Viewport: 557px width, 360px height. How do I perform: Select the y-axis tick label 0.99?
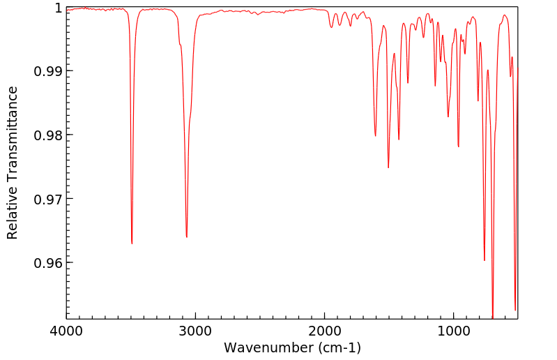[x=48, y=71]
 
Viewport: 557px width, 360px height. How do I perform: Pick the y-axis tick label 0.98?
[x=48, y=135]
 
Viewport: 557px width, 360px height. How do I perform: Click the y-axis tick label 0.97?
[x=48, y=199]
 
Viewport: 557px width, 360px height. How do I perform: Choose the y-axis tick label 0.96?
[x=48, y=263]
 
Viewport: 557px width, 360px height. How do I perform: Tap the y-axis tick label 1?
[x=57, y=8]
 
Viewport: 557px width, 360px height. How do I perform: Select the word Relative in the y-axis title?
[x=13, y=216]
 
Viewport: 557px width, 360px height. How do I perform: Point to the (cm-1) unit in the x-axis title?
[x=337, y=347]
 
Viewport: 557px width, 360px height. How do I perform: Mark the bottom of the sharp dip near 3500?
[x=132, y=243]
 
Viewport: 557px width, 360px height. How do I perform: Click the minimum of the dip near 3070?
[x=187, y=237]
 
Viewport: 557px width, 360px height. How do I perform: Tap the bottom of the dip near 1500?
[x=388, y=167]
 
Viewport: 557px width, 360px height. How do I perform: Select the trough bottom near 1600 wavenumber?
[x=375, y=136]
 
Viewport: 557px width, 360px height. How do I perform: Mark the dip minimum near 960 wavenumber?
[x=458, y=147]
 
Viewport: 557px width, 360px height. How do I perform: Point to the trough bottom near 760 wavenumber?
[x=484, y=260]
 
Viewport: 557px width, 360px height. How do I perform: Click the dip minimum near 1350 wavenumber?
[x=408, y=83]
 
